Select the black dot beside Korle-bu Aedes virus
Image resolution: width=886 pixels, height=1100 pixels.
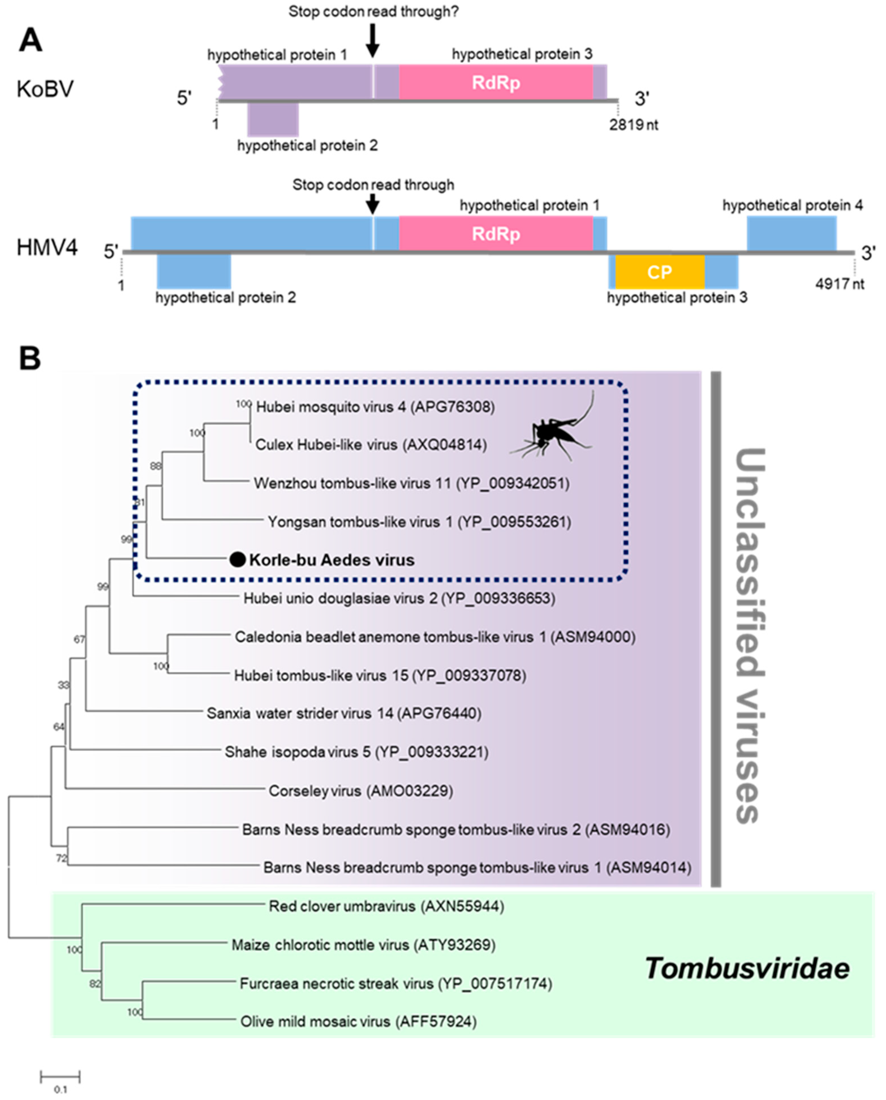point(237,560)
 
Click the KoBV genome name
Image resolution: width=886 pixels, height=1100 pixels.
point(45,89)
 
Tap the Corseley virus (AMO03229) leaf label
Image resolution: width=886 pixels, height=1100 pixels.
point(361,791)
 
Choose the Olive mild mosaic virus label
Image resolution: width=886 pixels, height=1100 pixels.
point(358,1022)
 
